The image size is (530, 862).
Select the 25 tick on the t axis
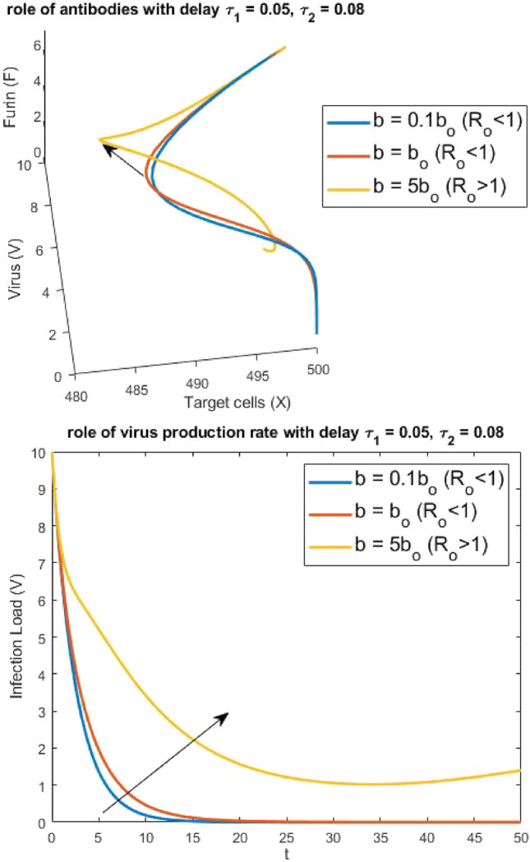click(287, 837)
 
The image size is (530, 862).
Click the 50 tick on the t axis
click(521, 837)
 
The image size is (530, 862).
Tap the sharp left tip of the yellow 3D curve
click(99, 140)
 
